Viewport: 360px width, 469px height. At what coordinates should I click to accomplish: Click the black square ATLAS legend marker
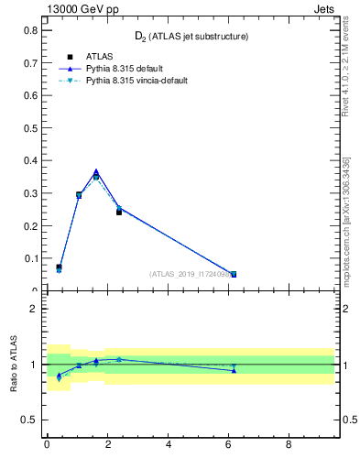point(70,57)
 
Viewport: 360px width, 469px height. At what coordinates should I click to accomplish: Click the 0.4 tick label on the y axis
point(30,160)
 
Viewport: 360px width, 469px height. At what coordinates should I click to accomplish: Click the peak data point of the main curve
point(96,172)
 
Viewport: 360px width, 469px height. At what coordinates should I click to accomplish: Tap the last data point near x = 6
point(234,274)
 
